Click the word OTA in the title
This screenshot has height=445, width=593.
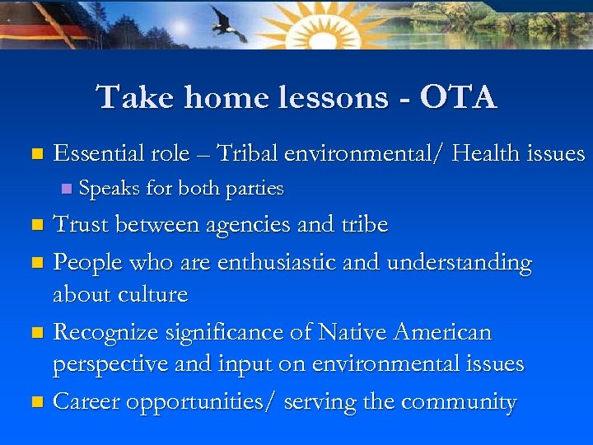pos(458,97)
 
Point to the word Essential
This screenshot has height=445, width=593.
pos(99,152)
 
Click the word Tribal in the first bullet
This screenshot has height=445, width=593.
pos(248,152)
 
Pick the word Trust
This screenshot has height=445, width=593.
pos(82,224)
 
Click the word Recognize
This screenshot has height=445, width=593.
pos(105,333)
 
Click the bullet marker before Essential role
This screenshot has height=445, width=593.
pos(35,154)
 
